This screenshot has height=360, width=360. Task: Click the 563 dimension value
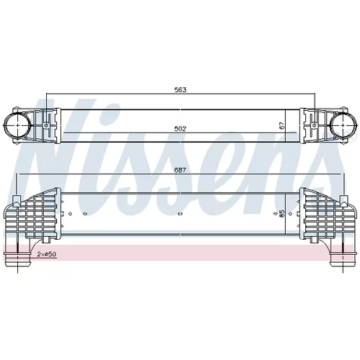180,90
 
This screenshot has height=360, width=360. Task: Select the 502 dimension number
180,129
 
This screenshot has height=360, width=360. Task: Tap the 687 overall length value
180,170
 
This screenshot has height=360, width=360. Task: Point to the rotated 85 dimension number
282,213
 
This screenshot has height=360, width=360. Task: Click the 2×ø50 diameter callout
47,254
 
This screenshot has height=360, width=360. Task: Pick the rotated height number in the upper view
282,126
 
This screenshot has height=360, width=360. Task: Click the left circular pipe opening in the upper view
18,125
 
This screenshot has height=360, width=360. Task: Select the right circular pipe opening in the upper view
342,125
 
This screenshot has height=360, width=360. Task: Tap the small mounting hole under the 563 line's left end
46,125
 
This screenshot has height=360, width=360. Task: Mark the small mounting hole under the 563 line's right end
314,125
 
